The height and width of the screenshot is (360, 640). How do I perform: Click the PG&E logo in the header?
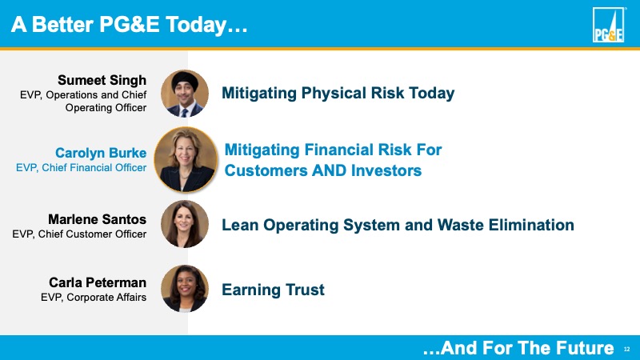(608, 25)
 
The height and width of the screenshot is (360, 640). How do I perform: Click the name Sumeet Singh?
(102, 80)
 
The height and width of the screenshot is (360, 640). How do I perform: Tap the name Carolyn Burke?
(101, 153)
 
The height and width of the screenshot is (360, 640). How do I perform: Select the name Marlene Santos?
(97, 219)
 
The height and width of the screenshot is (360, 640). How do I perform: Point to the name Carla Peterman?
(98, 282)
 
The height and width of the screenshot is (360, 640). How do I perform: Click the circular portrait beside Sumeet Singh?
(185, 94)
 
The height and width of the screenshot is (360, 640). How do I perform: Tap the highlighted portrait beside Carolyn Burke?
(186, 159)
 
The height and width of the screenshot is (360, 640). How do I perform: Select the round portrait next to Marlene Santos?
(185, 224)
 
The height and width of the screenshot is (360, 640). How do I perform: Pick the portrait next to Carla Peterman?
(185, 289)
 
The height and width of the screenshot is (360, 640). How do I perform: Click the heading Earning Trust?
(273, 290)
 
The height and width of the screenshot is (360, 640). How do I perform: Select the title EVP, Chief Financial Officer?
(82, 167)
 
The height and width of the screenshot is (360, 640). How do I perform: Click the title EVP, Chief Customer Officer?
(79, 234)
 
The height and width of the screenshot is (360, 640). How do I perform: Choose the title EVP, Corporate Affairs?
(94, 297)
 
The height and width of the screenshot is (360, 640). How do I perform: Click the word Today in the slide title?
(196, 25)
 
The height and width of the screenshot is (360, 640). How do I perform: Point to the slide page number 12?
(627, 350)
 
